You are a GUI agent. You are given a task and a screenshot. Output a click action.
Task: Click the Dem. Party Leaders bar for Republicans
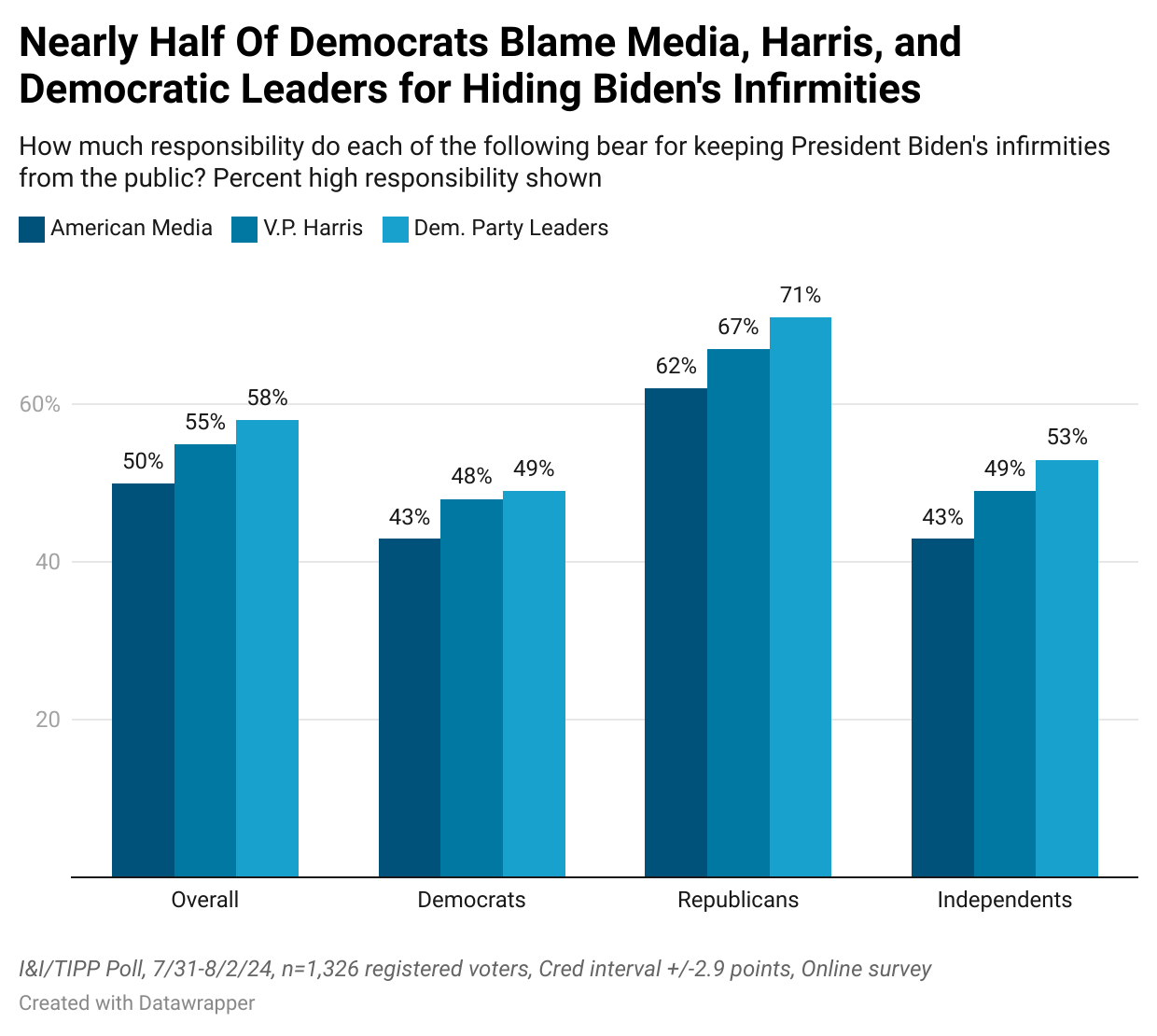pyautogui.click(x=801, y=597)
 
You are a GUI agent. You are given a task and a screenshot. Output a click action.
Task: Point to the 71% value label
pyautogui.click(x=801, y=296)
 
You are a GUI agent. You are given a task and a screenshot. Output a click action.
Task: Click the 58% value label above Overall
pyautogui.click(x=268, y=399)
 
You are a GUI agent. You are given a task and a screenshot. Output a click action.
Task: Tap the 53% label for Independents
pyautogui.click(x=1066, y=438)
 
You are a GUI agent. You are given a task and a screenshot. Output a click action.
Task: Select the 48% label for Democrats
pyautogui.click(x=471, y=477)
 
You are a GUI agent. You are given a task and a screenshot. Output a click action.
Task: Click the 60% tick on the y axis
pyautogui.click(x=40, y=405)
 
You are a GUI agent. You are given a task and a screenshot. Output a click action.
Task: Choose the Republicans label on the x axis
pyautogui.click(x=738, y=900)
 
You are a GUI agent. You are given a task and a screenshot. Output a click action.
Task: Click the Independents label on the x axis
pyautogui.click(x=1004, y=900)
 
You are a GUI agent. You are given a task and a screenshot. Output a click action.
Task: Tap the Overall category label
pyautogui.click(x=205, y=900)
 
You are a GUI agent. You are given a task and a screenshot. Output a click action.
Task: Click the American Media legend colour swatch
pyautogui.click(x=32, y=230)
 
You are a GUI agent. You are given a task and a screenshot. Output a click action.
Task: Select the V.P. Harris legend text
pyautogui.click(x=313, y=229)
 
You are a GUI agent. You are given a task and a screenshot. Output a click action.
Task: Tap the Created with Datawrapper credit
pyautogui.click(x=137, y=1003)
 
